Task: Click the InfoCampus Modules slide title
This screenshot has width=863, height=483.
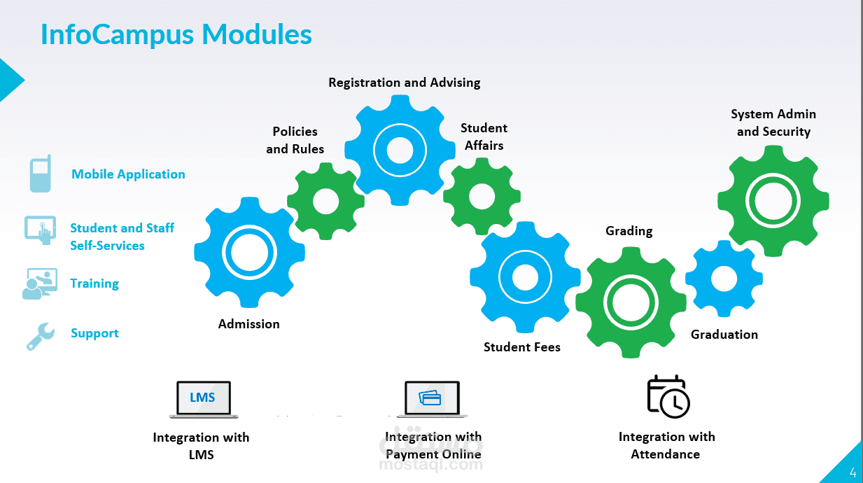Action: coord(176,34)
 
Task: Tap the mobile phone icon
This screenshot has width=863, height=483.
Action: coord(41,174)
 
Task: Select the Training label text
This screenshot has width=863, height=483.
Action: coord(94,283)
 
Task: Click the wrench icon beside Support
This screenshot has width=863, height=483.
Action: coord(40,335)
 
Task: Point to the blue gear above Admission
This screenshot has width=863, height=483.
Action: coord(245,253)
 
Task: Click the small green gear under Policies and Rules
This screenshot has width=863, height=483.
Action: coord(325,202)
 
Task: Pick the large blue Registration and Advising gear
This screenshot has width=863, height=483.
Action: coord(400,150)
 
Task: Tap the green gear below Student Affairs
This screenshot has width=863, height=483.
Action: coord(482,196)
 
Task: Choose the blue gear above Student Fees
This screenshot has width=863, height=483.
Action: coord(525,277)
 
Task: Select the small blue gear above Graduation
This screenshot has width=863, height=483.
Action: coord(724,279)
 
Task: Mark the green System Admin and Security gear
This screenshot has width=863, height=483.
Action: coord(773,201)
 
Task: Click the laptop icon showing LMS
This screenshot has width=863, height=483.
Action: coord(203,399)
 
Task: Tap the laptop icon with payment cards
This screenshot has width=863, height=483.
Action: coord(432,399)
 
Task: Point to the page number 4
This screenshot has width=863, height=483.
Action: coord(852,472)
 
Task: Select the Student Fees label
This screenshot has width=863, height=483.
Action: coord(522,347)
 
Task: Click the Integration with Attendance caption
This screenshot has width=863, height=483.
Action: coord(666,445)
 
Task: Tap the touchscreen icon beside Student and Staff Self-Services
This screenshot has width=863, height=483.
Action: coord(41,229)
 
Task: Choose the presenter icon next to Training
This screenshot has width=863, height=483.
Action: coord(40,283)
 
